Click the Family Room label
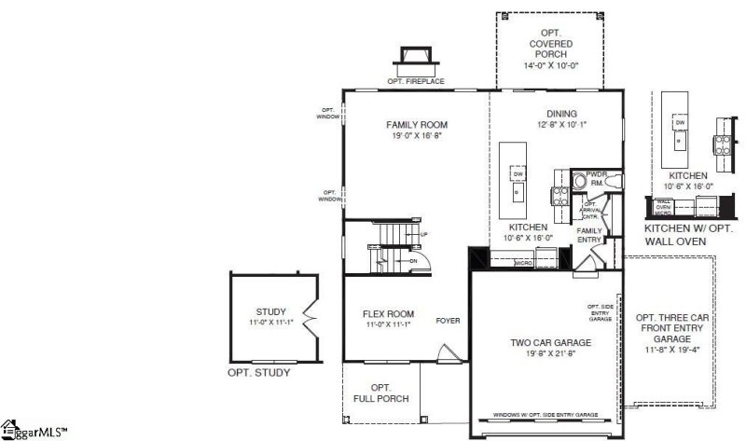coord(417,124)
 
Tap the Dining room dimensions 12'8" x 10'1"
coord(562,124)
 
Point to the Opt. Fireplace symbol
coord(411,60)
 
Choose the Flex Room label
coord(388,313)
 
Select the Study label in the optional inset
coord(271,311)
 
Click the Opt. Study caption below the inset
coord(259,373)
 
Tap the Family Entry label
coord(589,235)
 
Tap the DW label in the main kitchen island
coord(516,173)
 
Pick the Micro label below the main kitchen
coord(524,263)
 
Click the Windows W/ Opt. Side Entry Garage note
coord(546,414)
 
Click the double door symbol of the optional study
coord(310,322)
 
